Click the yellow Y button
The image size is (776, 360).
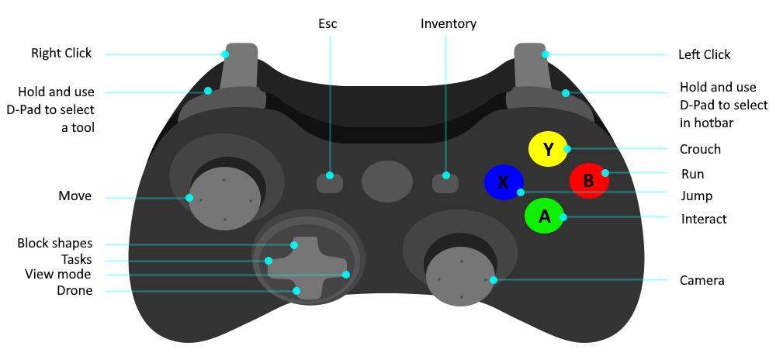click(x=548, y=149)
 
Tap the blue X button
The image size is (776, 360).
click(x=504, y=182)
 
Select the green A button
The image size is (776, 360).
click(x=544, y=217)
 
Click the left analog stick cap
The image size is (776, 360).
click(x=223, y=199)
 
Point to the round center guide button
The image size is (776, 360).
click(x=387, y=182)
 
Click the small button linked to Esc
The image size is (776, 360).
click(x=330, y=182)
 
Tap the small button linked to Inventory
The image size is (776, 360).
click(x=445, y=182)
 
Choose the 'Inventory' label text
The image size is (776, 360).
click(x=449, y=24)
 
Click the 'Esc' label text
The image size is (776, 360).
click(x=328, y=24)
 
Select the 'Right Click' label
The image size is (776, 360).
click(x=61, y=54)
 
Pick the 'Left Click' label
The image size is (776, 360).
click(x=705, y=54)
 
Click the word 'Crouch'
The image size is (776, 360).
click(x=700, y=149)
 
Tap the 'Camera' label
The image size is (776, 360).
click(x=702, y=280)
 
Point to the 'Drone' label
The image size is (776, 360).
click(x=74, y=291)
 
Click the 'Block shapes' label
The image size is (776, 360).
click(x=54, y=244)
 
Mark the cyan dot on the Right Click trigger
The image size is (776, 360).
click(x=225, y=54)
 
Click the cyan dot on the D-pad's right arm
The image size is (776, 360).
click(x=346, y=275)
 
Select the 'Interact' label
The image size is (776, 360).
click(x=704, y=219)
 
